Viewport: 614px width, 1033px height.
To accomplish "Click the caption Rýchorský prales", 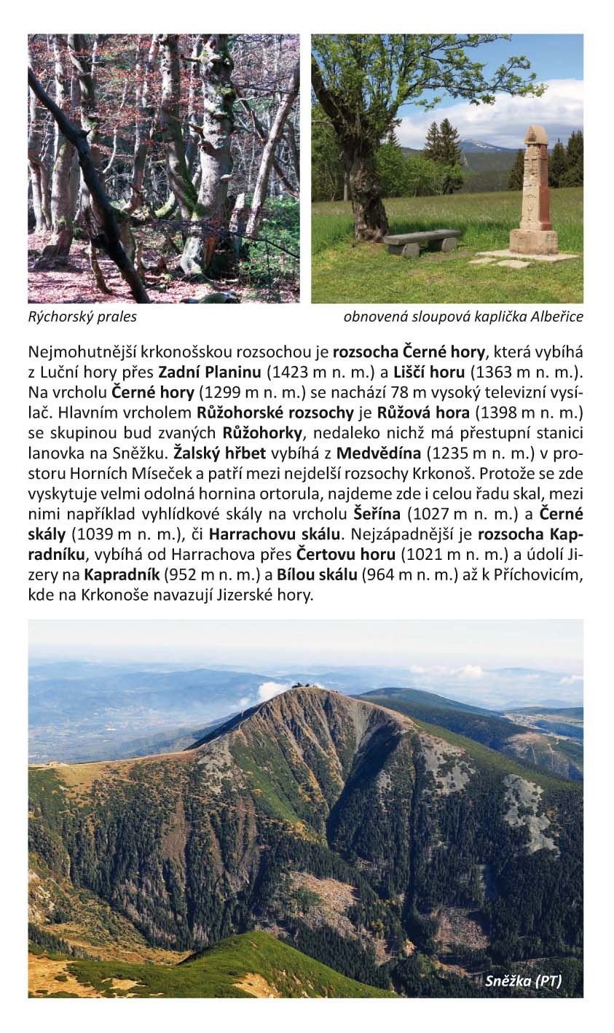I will pos(82,317).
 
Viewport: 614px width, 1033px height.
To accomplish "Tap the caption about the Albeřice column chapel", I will pos(463,317).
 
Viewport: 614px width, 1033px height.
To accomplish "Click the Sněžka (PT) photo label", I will pos(523,981).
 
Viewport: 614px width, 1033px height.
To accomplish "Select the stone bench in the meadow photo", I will pos(421,241).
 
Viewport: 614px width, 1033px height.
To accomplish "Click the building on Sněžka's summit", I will pos(307,685).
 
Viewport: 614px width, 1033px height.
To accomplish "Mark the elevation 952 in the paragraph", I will pos(180,575).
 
